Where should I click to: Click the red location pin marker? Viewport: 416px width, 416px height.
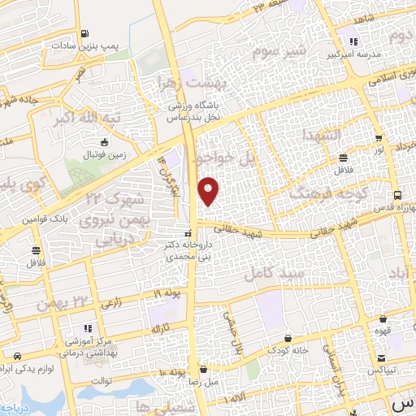(209, 191)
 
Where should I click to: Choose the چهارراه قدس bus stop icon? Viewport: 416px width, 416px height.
(397, 195)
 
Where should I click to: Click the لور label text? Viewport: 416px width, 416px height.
(379, 151)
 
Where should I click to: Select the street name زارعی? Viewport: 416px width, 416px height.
(110, 301)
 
